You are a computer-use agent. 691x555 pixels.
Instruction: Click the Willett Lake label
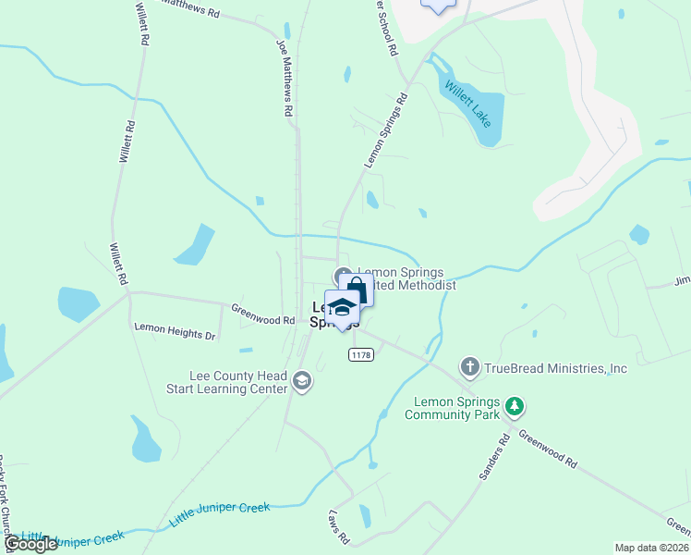click(468, 104)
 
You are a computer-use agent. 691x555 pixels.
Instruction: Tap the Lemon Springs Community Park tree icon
click(515, 406)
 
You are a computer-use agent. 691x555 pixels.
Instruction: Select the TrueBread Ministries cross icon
click(470, 367)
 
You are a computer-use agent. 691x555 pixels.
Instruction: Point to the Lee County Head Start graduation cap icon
click(302, 381)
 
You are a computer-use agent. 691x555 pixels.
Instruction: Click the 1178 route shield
click(361, 355)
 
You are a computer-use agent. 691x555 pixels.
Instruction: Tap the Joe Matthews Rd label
click(285, 78)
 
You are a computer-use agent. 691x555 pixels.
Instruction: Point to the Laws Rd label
click(339, 524)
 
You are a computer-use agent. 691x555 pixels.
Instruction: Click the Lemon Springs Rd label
click(386, 129)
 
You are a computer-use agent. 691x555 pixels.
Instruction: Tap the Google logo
click(30, 544)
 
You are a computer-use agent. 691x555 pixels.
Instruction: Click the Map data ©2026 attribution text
click(652, 548)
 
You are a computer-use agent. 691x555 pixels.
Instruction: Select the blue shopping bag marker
click(357, 290)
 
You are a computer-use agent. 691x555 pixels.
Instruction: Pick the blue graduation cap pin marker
click(342, 309)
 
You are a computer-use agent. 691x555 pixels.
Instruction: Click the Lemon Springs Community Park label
click(457, 408)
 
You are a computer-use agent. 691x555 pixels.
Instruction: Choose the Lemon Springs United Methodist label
click(405, 279)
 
